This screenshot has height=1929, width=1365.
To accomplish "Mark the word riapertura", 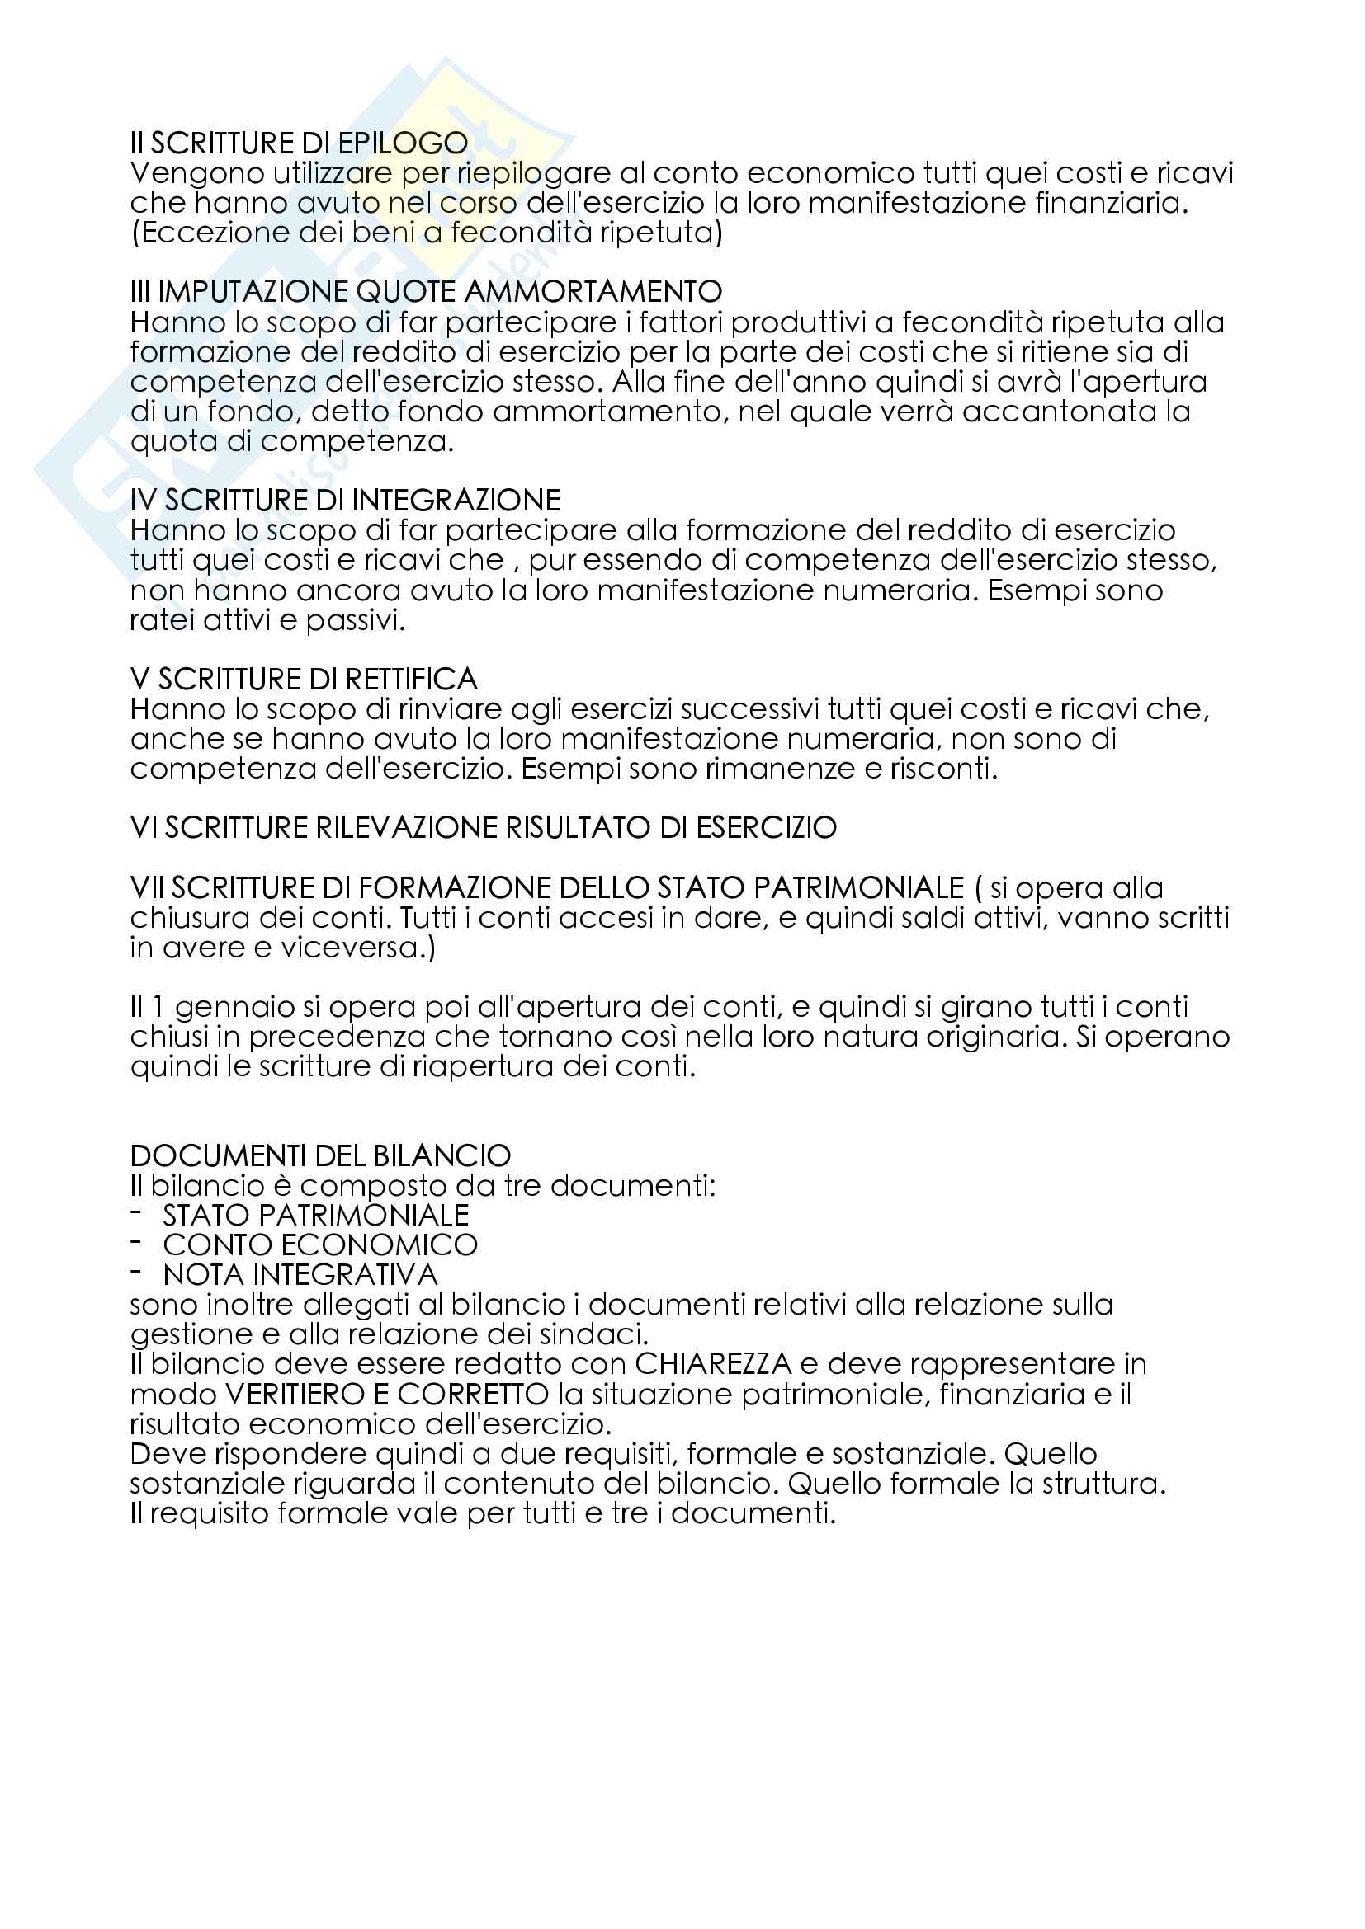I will point(499,1067).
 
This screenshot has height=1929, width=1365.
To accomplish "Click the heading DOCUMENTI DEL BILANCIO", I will point(320,1156).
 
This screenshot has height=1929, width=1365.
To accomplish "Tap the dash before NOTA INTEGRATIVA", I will point(136,1273).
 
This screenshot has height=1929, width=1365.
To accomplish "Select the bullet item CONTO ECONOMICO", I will point(320,1245).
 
